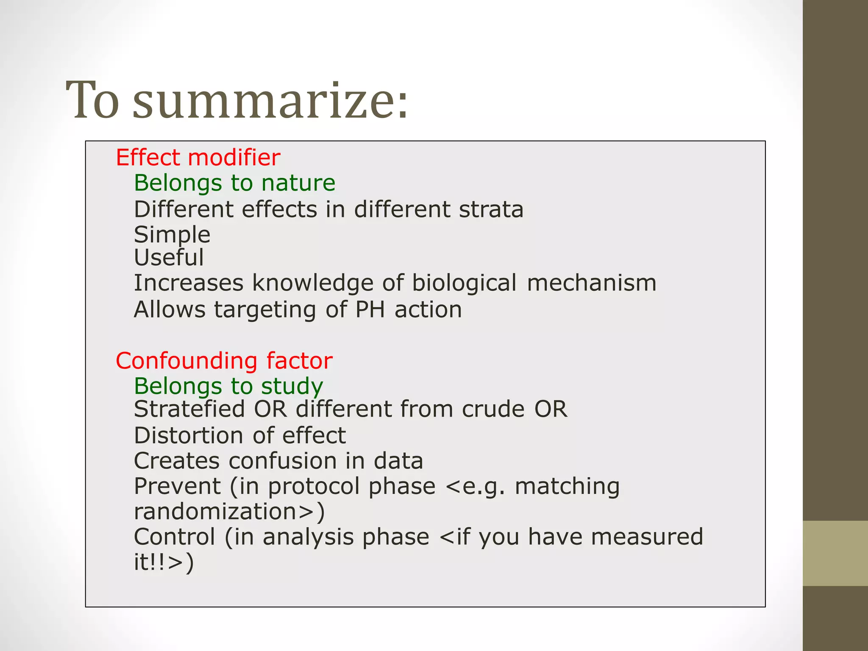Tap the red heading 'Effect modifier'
[198, 158]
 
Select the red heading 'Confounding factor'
[224, 361]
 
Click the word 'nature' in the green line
[298, 183]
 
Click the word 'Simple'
[172, 235]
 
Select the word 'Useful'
[169, 258]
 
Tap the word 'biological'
[464, 283]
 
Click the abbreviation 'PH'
[370, 310]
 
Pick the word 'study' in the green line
[292, 387]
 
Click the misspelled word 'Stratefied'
[189, 409]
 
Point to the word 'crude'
[493, 409]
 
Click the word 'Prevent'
[178, 486]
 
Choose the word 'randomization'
[215, 512]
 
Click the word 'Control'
[175, 537]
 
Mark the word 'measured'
[647, 537]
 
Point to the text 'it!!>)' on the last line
[164, 562]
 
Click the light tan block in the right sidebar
[835, 553]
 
